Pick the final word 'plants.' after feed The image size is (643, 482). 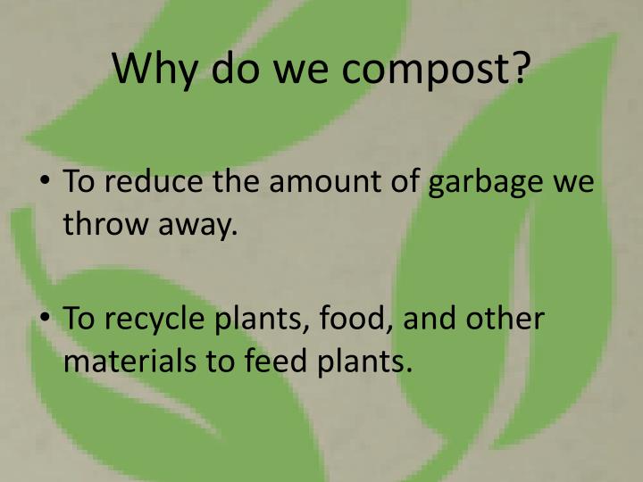coord(363,364)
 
